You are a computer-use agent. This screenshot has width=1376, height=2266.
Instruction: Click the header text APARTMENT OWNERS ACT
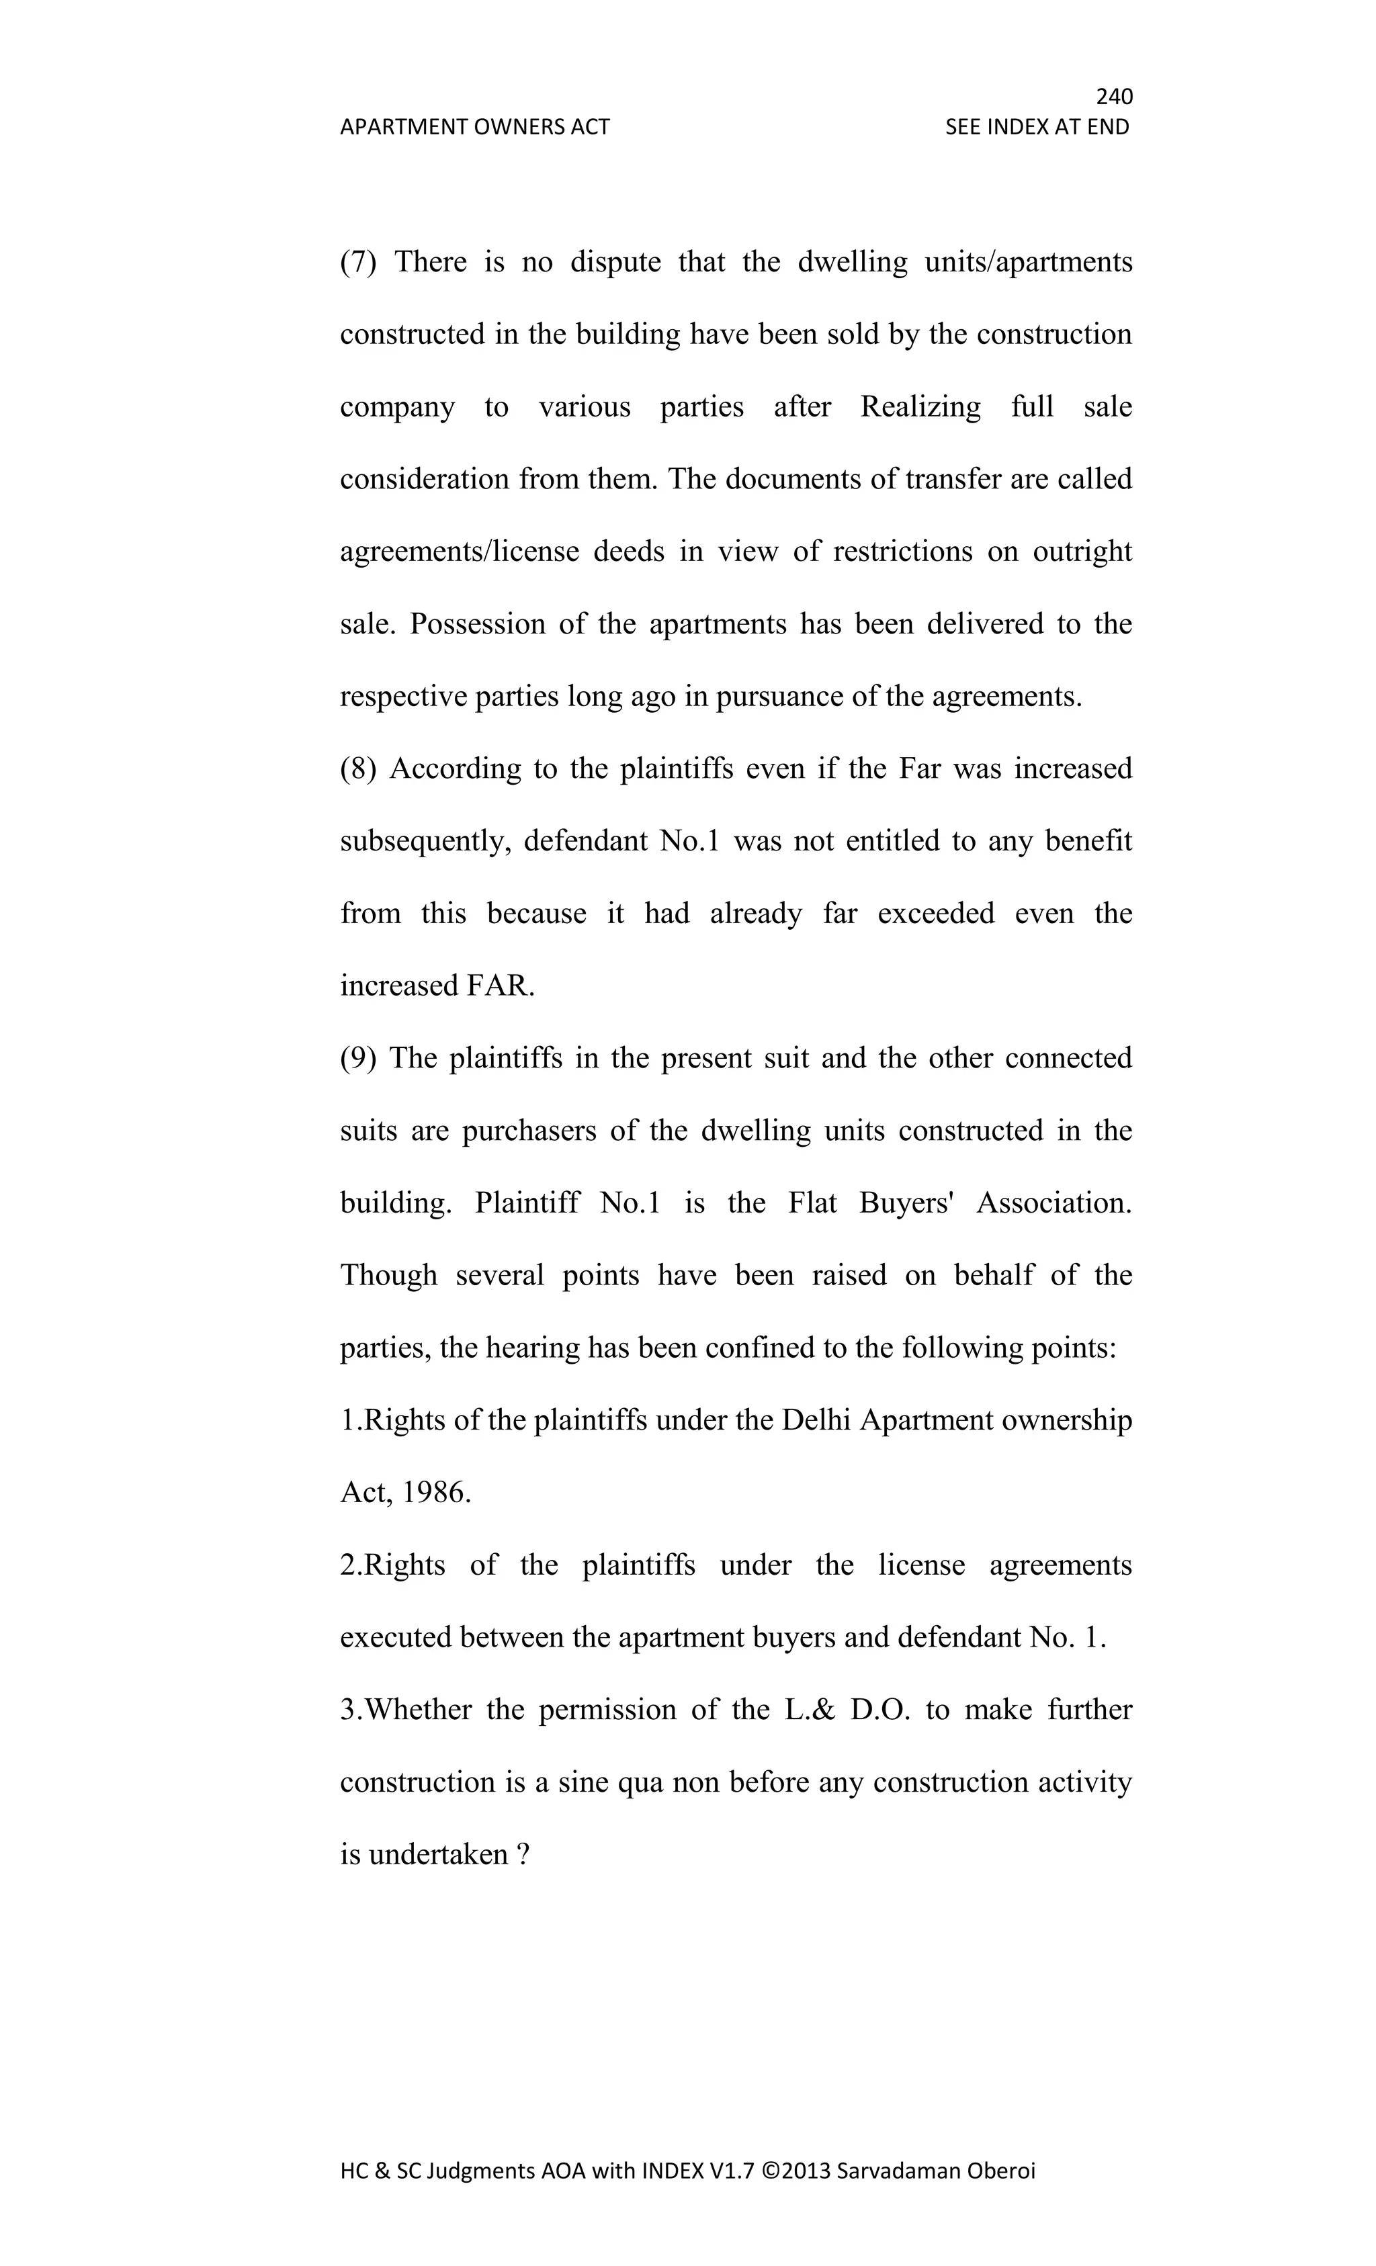(474, 127)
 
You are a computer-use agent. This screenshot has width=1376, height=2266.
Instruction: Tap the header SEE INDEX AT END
(1037, 127)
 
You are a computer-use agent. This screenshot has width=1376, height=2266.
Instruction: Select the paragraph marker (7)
(358, 262)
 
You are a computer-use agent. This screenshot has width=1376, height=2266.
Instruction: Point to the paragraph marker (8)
(358, 768)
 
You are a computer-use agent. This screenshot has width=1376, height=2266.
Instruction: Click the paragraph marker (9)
(358, 1057)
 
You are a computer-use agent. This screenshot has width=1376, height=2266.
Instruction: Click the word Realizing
(920, 406)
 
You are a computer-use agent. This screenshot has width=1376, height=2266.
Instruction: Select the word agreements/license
(459, 552)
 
